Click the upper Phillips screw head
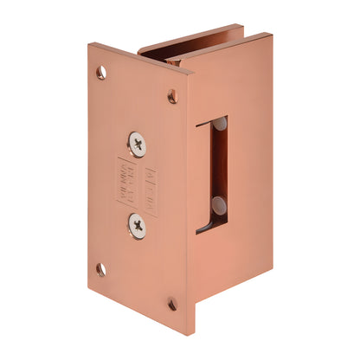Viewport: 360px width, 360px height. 137,143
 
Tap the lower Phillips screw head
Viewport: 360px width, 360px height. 138,225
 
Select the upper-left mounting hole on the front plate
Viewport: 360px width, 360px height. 101,73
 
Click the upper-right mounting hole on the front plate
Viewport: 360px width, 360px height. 172,96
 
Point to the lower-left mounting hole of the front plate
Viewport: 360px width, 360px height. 101,269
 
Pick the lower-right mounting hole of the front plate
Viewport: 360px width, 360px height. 172,304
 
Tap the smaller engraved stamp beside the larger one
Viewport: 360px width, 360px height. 150,185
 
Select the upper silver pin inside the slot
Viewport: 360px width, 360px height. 220,125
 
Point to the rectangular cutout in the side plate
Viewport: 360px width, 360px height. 213,173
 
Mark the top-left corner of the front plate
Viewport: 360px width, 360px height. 88,44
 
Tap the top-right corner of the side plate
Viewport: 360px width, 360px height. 272,35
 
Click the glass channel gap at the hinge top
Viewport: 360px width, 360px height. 161,55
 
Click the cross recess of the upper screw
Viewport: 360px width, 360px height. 137,143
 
